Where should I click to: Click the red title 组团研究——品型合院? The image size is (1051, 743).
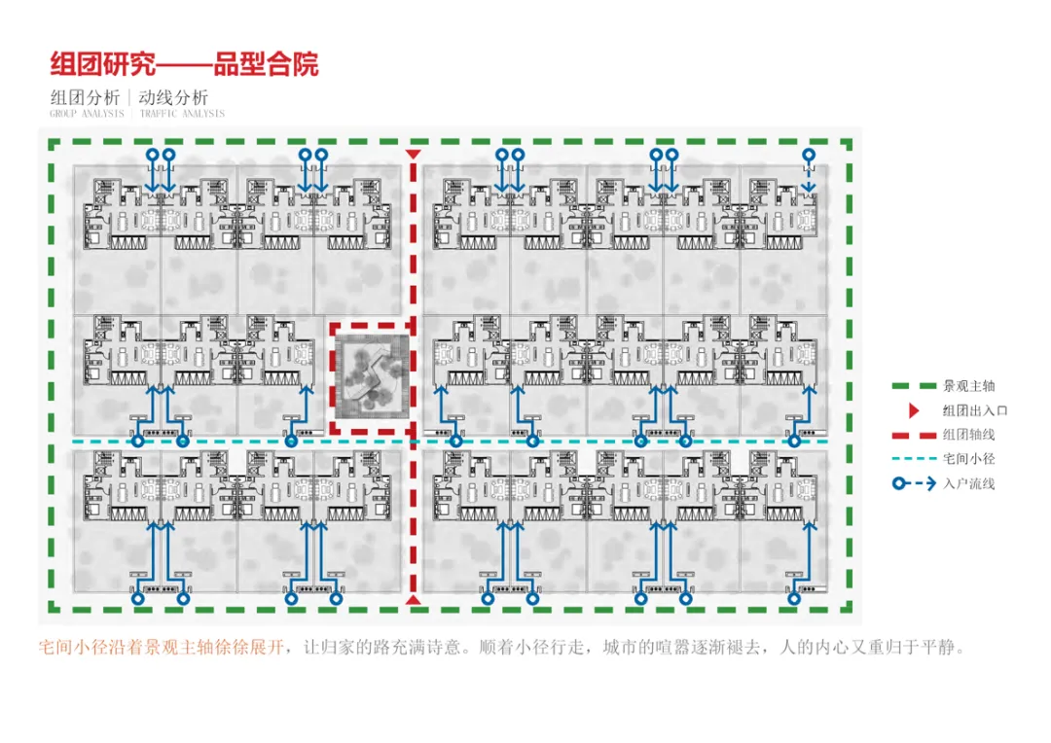pos(184,65)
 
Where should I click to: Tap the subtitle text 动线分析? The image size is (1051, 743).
pos(173,97)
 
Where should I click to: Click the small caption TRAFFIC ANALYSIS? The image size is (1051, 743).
pos(182,114)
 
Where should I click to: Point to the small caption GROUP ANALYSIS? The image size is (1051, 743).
pos(87,114)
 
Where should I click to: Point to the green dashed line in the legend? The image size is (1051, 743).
pos(913,386)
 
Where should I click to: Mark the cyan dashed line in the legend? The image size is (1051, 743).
pos(913,458)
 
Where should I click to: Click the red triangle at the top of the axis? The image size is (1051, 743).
pos(414,155)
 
